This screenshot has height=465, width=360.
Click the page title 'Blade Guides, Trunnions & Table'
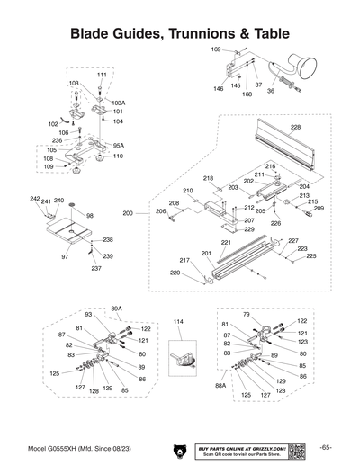point(180,33)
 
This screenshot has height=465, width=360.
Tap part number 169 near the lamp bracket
point(216,49)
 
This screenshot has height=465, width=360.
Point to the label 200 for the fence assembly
point(128,213)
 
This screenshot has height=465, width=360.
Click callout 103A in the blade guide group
point(119,103)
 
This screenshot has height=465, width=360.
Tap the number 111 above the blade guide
point(102,74)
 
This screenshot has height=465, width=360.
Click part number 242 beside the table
point(35,199)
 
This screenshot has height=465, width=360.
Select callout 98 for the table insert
point(90,216)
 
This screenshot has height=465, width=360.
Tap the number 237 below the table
point(96,268)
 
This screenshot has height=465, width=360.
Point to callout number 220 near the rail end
point(175,273)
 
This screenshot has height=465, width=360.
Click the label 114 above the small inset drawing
point(178,321)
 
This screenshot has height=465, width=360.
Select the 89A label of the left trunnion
point(116,308)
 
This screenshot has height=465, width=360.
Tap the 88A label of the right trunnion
point(220,385)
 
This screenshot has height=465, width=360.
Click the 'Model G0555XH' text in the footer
point(75,447)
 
